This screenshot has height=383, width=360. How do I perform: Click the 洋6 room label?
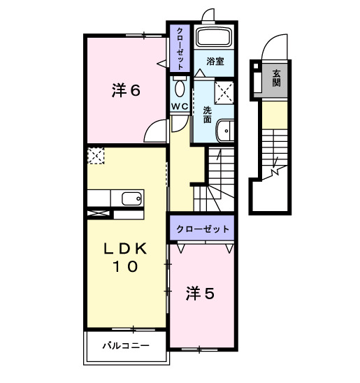pos(127,90)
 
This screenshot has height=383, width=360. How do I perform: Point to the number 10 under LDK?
pos(127,266)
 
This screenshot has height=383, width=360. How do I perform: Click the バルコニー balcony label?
pos(126,345)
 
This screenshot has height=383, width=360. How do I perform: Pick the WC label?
pos(180,106)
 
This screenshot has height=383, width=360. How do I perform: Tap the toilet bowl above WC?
pos(180,87)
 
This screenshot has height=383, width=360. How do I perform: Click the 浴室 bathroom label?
pos(215,62)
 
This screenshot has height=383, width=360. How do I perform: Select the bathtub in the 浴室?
pos(215,38)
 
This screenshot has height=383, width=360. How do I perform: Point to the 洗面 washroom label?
pos(208,114)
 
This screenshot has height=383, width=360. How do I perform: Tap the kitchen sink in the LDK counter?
pos(131,198)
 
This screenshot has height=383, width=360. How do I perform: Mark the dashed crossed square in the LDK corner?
pos(95,155)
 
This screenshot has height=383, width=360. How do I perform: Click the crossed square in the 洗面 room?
pos(225,90)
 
